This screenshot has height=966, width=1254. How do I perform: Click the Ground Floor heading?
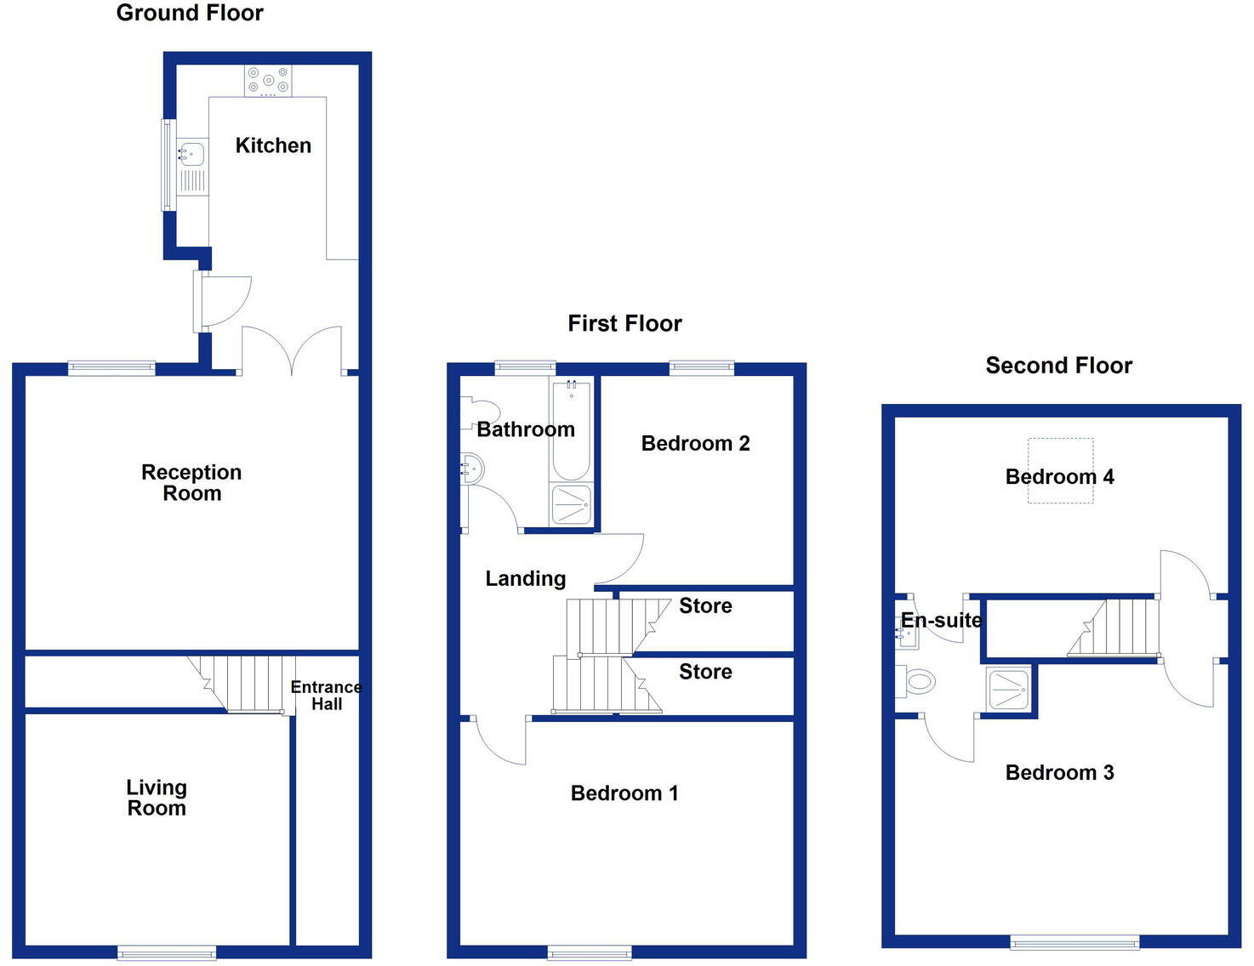click(190, 14)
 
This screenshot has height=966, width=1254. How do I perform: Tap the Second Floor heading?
click(1058, 366)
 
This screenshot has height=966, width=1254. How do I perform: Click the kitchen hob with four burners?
click(268, 81)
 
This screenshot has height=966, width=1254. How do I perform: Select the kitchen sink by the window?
click(191, 155)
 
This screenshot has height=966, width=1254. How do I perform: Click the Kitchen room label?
click(273, 145)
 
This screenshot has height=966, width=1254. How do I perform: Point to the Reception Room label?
click(191, 483)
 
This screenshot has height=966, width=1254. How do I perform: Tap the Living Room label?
click(157, 798)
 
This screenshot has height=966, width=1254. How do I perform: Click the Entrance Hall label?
click(326, 696)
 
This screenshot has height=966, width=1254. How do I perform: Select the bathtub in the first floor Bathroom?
click(571, 429)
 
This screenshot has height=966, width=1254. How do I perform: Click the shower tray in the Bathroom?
click(571, 504)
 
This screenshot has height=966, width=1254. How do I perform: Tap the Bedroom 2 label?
click(695, 443)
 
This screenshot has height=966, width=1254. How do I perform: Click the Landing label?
click(525, 579)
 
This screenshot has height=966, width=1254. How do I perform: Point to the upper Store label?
click(705, 605)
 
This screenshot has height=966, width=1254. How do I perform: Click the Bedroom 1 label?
click(624, 793)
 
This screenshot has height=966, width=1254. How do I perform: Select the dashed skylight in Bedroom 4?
click(1060, 470)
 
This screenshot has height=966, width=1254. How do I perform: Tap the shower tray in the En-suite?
click(1009, 690)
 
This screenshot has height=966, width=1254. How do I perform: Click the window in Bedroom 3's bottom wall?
click(1074, 941)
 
